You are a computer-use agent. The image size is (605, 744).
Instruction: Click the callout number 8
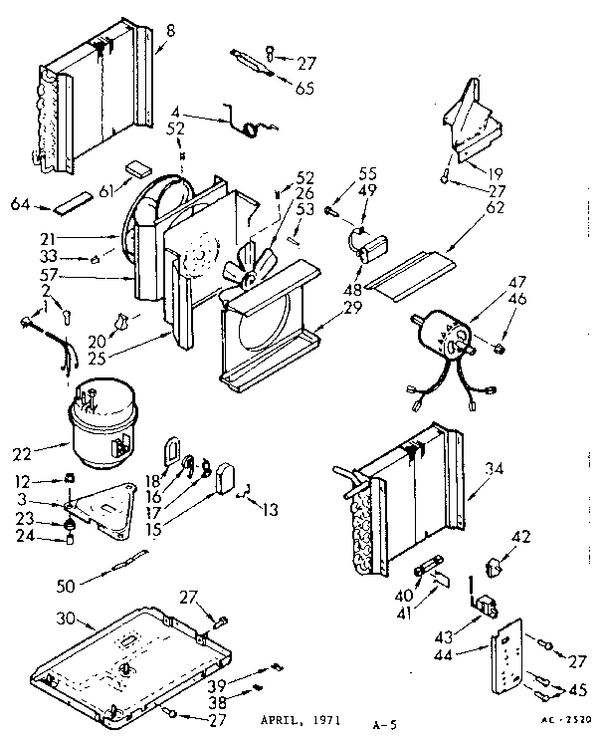[x=170, y=30]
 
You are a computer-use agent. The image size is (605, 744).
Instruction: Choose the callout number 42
[x=520, y=535]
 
